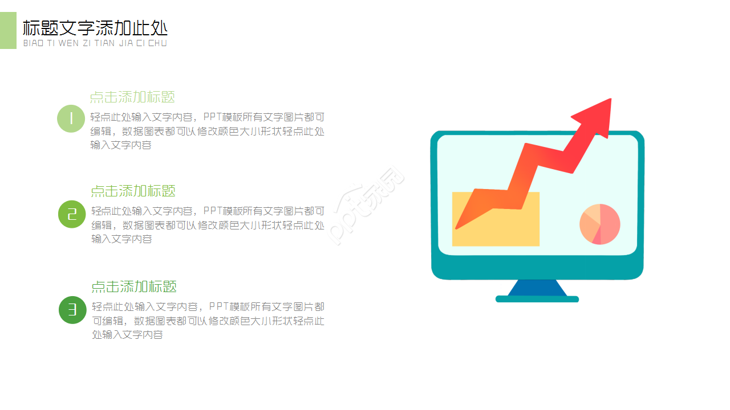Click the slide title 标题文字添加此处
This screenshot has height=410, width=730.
[95, 28]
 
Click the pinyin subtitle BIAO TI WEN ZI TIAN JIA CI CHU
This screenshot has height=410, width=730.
[95, 43]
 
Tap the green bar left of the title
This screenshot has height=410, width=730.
[8, 30]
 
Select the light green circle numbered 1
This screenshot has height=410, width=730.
[71, 118]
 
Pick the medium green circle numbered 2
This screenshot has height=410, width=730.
[72, 214]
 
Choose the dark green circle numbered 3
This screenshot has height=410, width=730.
[72, 310]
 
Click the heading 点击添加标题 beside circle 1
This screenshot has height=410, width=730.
[132, 97]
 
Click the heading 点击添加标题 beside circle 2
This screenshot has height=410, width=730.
[133, 191]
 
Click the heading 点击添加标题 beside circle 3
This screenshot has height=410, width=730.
[134, 286]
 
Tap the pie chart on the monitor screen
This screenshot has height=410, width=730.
[599, 224]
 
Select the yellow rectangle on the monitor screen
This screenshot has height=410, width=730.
[495, 228]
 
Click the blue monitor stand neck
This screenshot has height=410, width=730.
[537, 288]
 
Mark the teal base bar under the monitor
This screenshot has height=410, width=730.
[537, 299]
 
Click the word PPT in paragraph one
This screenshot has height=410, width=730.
[212, 117]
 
